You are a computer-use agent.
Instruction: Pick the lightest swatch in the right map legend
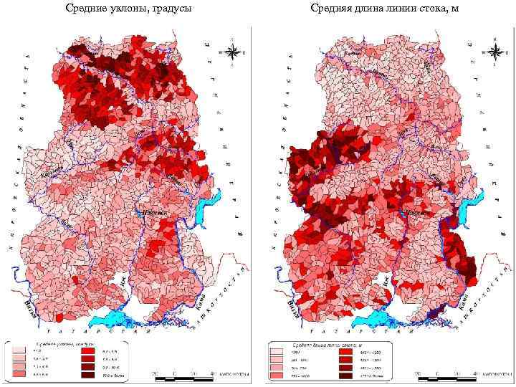[x=274, y=351]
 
